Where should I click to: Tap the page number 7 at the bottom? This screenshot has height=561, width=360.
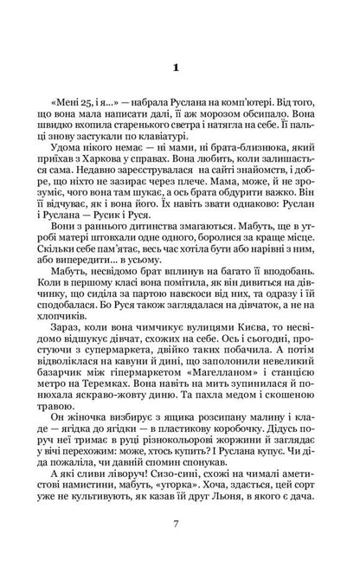click(x=181, y=523)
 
